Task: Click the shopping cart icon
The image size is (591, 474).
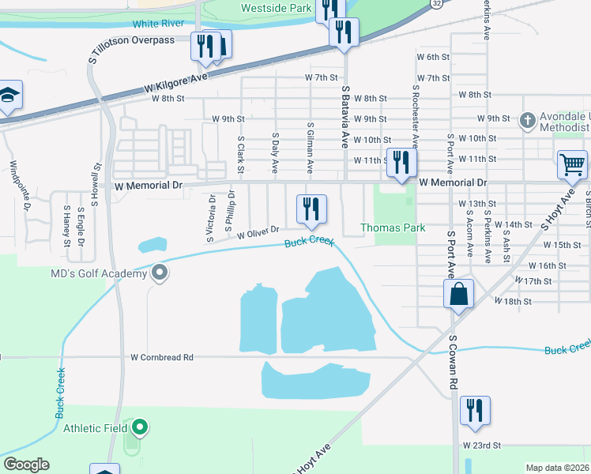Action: click(x=572, y=164)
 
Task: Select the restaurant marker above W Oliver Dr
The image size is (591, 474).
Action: click(x=311, y=209)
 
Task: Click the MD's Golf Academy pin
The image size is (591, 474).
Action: click(x=160, y=273)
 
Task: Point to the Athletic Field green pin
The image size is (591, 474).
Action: click(x=140, y=428)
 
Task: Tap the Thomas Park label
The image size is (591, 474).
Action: click(x=393, y=228)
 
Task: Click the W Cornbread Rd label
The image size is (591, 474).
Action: click(x=162, y=357)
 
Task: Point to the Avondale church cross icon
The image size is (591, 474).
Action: click(x=528, y=121)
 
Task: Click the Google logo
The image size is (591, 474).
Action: click(x=26, y=465)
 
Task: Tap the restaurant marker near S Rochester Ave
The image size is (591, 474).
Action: click(x=401, y=163)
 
